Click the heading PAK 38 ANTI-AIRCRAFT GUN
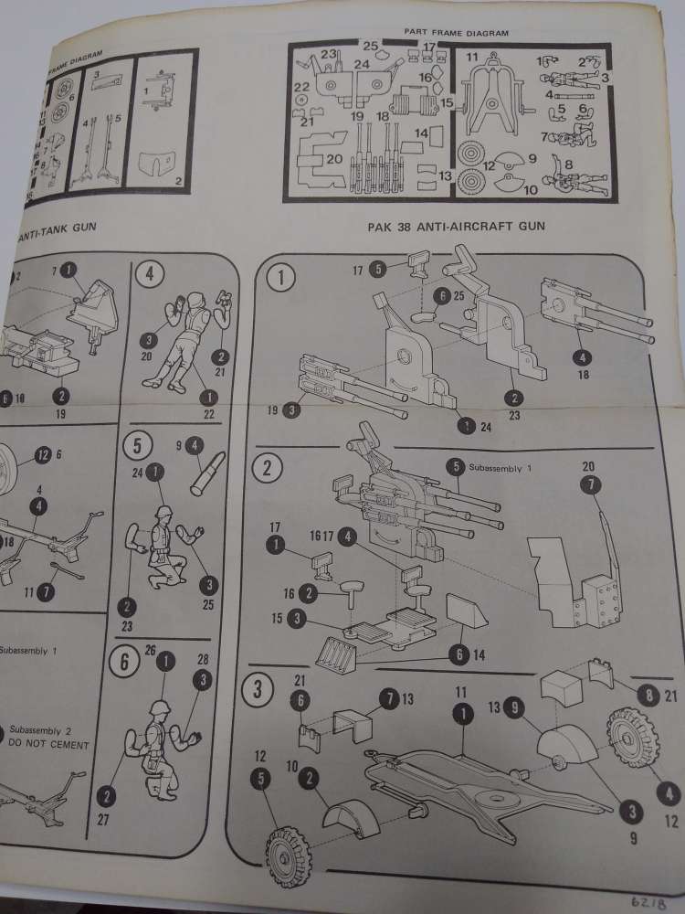[457, 225]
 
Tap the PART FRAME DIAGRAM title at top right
[457, 32]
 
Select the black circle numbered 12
[41, 454]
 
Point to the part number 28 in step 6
[202, 659]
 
